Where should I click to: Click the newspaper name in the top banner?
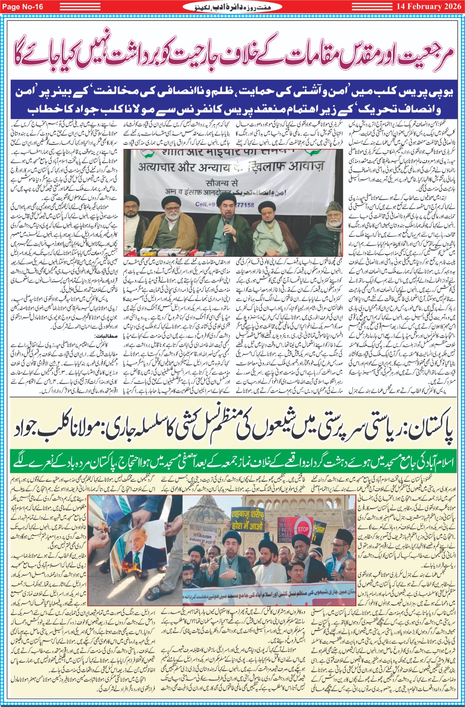click(x=232, y=6)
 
